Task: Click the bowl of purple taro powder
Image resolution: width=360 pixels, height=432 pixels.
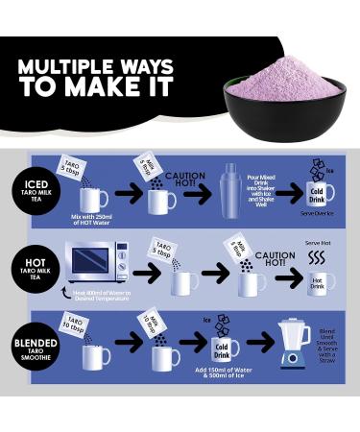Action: [282, 93]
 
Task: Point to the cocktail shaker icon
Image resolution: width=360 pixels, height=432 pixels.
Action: [231, 188]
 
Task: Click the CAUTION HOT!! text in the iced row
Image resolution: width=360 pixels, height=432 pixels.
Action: [185, 180]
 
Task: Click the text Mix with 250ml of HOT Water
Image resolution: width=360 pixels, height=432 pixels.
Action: [94, 221]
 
